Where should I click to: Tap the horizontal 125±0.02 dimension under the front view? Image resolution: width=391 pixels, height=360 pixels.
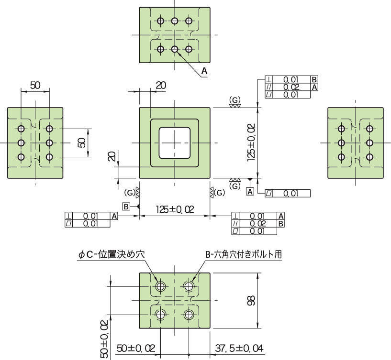tap(175, 209)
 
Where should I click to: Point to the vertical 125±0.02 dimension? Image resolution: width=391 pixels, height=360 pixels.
tap(251, 142)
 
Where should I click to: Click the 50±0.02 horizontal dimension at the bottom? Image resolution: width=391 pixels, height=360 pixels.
tap(135, 348)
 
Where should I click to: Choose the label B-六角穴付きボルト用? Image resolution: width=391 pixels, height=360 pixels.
tap(244, 254)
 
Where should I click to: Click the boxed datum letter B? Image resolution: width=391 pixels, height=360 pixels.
tap(126, 207)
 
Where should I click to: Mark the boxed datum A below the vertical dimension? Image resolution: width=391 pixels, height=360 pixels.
tap(250, 192)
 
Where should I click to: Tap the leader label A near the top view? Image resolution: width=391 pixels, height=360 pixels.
tap(204, 71)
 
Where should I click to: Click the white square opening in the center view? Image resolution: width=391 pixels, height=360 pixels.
tap(175, 142)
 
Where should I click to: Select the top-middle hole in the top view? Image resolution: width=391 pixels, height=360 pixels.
tap(175, 21)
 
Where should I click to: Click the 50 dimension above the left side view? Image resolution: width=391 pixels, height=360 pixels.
tap(35, 85)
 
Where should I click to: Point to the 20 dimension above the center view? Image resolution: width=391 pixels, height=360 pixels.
tap(161, 85)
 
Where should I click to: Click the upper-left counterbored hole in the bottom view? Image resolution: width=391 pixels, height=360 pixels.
tap(160, 286)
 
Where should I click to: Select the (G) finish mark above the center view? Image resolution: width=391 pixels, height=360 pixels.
tap(235, 100)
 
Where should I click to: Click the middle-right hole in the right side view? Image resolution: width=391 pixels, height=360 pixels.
tap(369, 142)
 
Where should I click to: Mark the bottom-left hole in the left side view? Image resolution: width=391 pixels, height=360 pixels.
tap(21, 157)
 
